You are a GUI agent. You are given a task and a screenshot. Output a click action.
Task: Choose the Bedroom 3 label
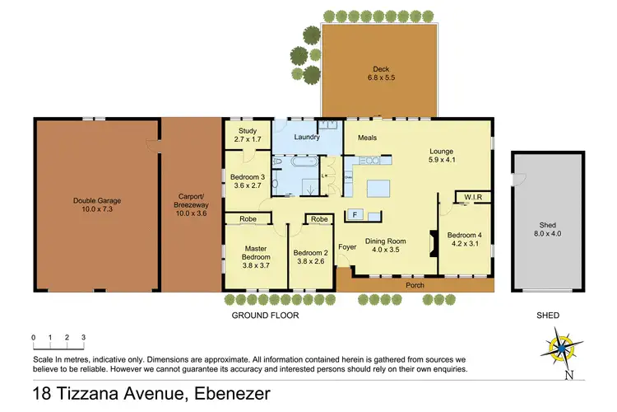(248, 176)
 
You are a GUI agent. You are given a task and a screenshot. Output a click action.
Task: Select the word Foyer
(347, 246)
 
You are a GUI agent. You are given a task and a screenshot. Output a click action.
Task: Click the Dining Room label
(391, 243)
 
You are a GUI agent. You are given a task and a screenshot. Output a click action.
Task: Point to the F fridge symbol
(355, 215)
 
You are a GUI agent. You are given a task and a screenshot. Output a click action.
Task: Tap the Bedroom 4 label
(464, 235)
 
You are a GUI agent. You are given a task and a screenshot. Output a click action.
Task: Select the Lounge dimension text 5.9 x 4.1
(443, 161)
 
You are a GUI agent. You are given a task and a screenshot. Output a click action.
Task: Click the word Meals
(368, 138)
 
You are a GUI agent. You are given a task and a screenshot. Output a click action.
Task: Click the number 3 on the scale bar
(83, 337)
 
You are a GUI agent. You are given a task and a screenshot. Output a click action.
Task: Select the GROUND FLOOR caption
(267, 315)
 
